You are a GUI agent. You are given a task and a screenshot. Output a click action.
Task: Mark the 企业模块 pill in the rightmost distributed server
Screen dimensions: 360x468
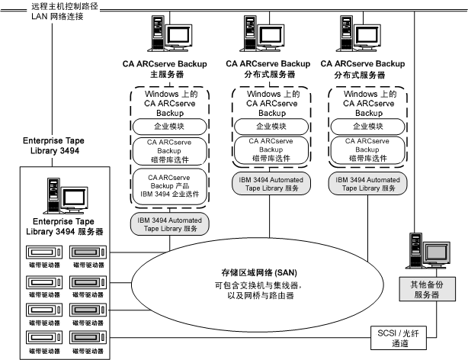(x=361, y=124)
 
